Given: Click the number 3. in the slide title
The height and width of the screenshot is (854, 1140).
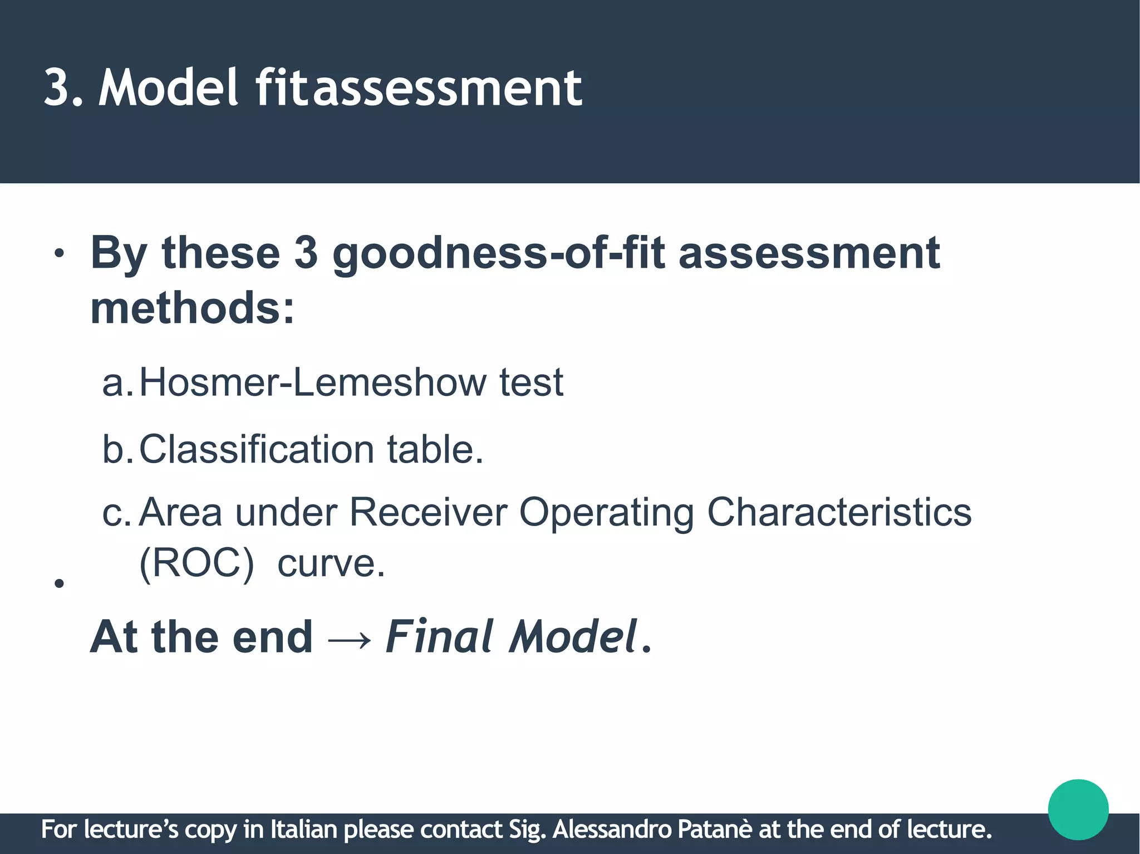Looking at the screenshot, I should point(62,88).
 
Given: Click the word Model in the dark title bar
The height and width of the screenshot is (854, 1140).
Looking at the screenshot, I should point(169,88).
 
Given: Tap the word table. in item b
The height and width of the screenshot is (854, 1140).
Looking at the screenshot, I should point(435,449).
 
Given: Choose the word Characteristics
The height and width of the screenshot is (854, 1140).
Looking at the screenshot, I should point(839,512).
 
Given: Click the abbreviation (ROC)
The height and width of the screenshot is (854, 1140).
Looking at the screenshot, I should point(196,564).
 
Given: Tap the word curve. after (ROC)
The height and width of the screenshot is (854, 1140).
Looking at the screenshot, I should point(331,564).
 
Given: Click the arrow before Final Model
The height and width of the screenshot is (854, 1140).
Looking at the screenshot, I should point(349,639).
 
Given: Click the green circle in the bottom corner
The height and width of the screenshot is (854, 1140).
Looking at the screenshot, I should point(1078,809).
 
